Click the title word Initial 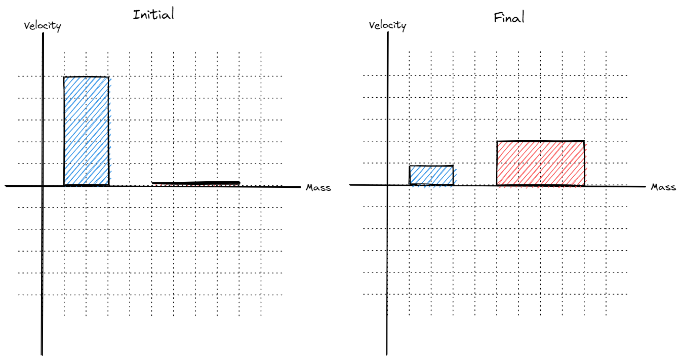click(153, 15)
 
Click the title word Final click(509, 18)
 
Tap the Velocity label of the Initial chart click(43, 26)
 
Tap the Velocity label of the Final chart click(387, 25)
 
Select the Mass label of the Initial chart click(318, 188)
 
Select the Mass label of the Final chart click(663, 187)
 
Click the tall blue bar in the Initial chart click(86, 131)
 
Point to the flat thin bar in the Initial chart click(196, 183)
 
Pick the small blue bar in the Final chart click(431, 175)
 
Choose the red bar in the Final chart click(540, 163)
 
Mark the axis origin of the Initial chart click(43, 186)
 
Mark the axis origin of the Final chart click(387, 185)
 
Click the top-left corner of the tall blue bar click(64, 77)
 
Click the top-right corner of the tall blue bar click(109, 77)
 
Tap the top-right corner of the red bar click(584, 141)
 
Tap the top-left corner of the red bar click(497, 141)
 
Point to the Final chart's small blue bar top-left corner click(409, 166)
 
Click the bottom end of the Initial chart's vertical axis click(41, 355)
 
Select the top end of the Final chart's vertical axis click(387, 33)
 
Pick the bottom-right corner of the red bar click(584, 185)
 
